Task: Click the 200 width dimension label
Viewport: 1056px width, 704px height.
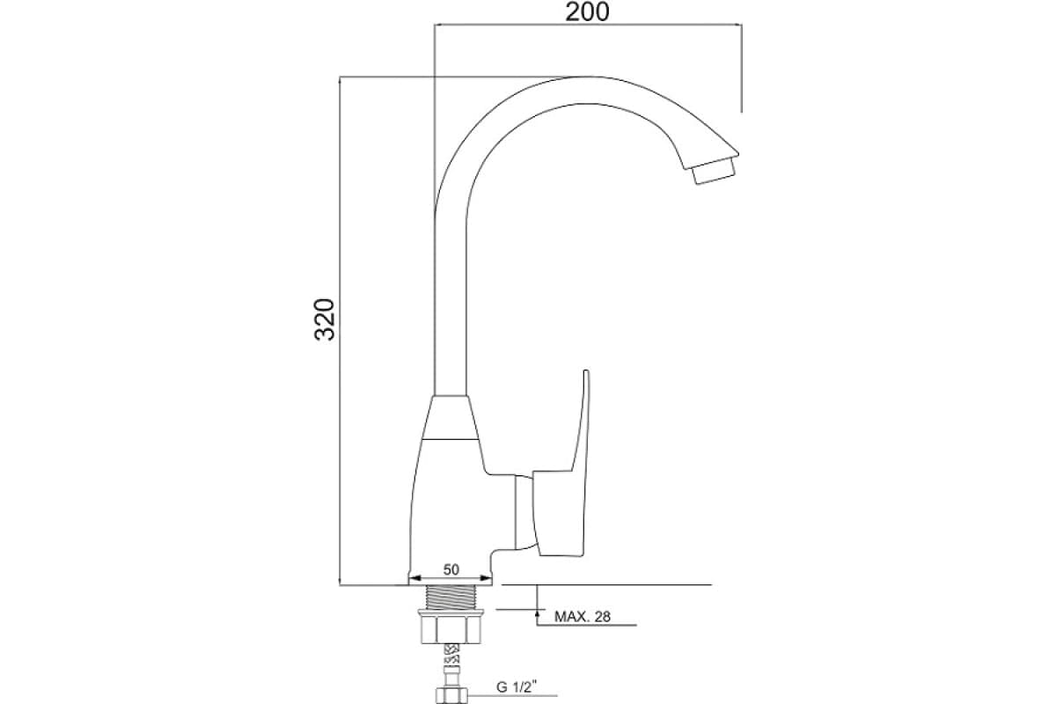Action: (x=587, y=12)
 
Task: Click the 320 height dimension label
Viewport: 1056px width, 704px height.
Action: (x=325, y=319)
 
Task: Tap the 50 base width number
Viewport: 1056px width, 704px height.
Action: (x=451, y=569)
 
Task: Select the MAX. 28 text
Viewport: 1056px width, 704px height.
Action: (x=583, y=616)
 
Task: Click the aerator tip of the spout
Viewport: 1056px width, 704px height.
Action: (x=713, y=171)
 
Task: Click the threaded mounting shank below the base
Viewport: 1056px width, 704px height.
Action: (x=451, y=597)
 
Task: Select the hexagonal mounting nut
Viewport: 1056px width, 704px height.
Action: (x=451, y=630)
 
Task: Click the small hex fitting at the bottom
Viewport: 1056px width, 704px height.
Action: (x=451, y=695)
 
